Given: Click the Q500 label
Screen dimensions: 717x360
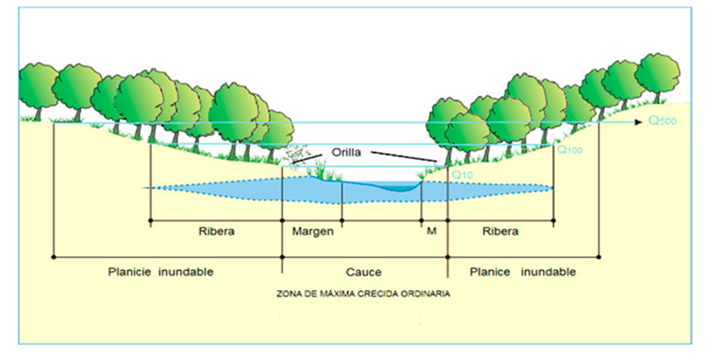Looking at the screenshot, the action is (662, 121).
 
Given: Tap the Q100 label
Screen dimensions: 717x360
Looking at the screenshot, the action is (570, 150).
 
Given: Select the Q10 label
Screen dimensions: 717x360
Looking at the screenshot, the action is (462, 175).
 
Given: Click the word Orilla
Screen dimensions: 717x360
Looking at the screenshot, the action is (346, 152).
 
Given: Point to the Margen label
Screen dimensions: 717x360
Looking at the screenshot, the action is (312, 231).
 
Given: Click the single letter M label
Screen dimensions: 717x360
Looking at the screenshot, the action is (431, 231).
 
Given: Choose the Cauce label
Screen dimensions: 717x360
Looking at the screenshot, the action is (363, 273).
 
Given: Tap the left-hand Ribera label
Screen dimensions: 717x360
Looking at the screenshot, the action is (216, 231).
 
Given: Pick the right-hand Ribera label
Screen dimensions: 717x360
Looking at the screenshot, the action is (500, 231).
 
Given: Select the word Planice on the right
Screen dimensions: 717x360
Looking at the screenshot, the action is (490, 272).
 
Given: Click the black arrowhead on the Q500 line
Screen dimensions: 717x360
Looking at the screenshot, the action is (639, 122).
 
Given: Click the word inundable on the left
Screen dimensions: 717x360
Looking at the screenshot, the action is (186, 272).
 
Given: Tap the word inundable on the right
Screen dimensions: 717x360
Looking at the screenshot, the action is (548, 272).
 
